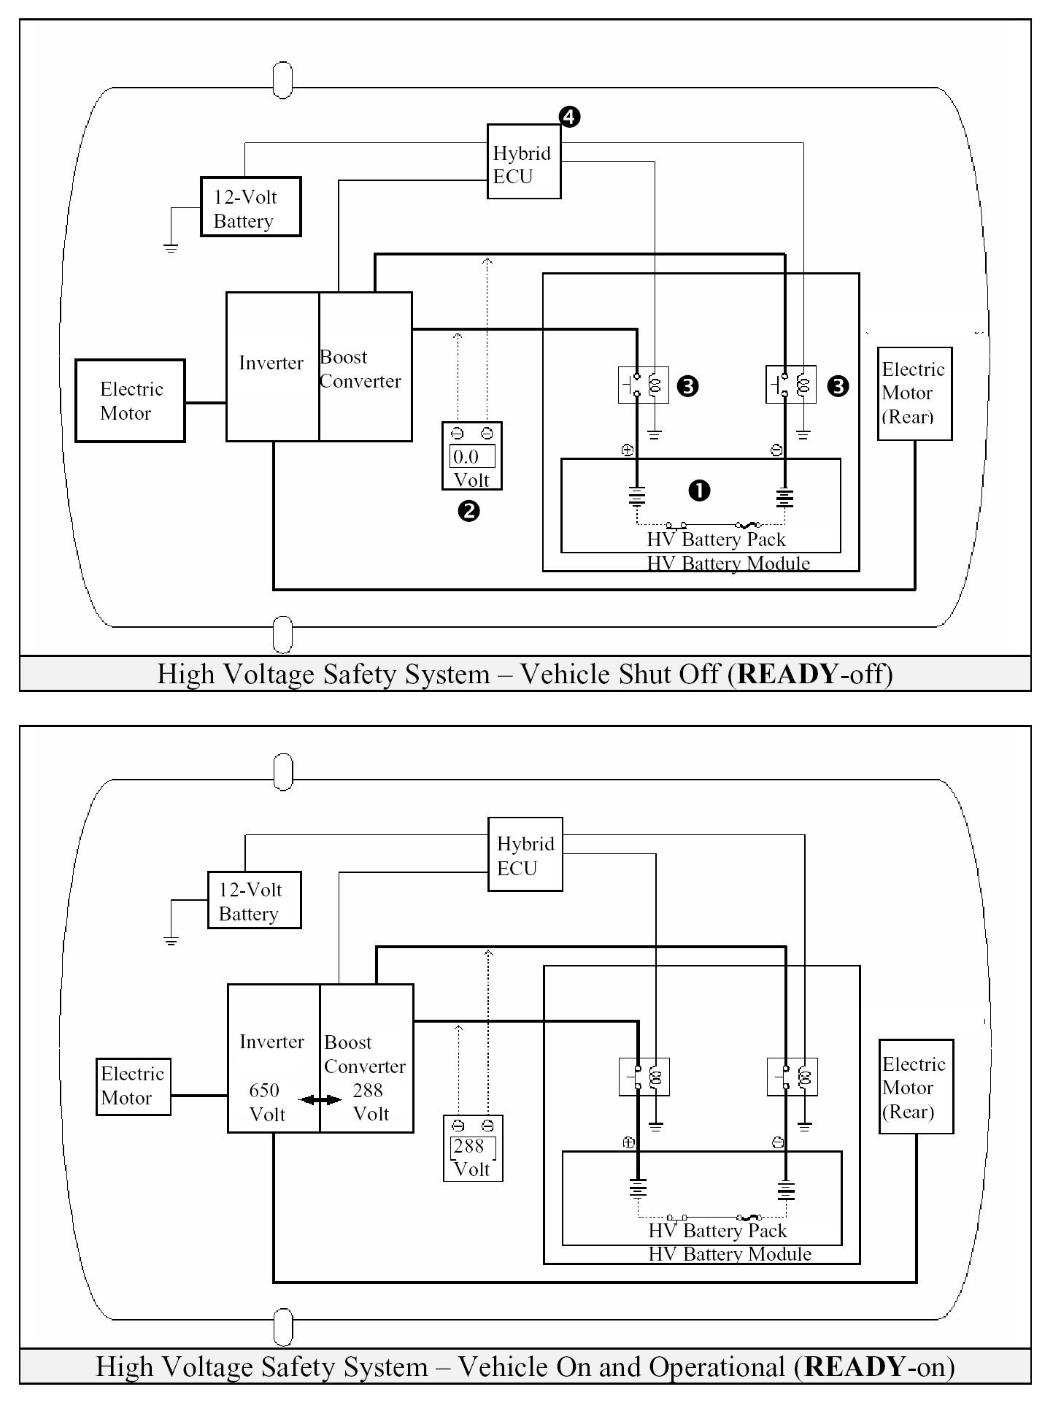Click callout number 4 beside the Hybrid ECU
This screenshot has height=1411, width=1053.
coord(569,117)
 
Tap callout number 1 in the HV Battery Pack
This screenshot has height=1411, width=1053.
coord(699,491)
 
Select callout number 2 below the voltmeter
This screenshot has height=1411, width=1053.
coord(468,511)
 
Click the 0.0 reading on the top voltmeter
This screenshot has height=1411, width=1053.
coord(466,457)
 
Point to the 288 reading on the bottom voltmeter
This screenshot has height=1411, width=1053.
coord(468,1146)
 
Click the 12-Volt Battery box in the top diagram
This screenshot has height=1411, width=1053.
coord(251,207)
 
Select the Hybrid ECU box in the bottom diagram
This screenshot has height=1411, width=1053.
coord(525,854)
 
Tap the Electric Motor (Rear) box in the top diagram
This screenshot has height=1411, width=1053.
coord(914,393)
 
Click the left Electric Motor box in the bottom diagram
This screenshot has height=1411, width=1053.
coord(134,1087)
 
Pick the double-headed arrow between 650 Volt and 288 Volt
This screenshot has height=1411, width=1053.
coord(320,1099)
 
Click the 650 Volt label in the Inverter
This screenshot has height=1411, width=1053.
coord(266,1102)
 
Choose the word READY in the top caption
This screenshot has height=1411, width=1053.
coord(789,673)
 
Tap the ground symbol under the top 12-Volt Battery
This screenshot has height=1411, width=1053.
coord(171,248)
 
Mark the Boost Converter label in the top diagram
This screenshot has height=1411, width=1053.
coord(360,369)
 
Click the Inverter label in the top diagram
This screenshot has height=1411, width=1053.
coord(271,363)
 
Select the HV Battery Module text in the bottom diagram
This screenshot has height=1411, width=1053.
coord(730,1254)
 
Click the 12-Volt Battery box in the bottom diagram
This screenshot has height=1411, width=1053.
coord(255,900)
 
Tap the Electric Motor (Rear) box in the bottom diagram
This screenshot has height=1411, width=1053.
coord(916,1087)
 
